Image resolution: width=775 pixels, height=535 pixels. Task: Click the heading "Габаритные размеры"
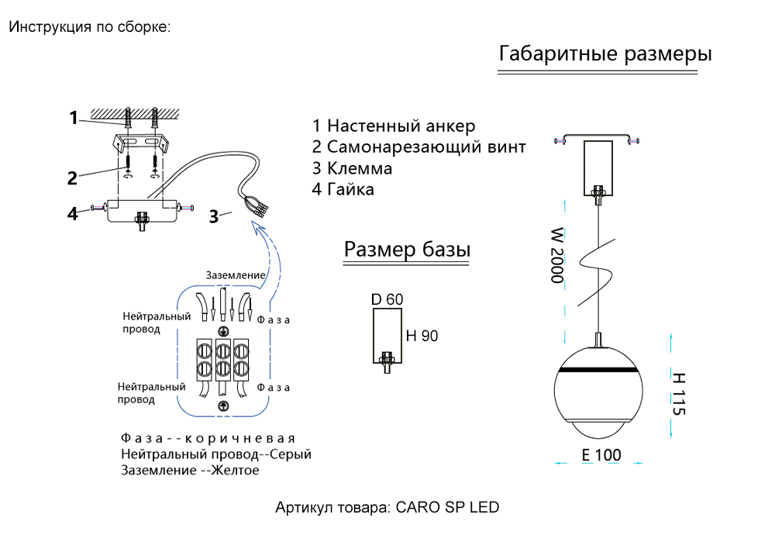(x=605, y=54)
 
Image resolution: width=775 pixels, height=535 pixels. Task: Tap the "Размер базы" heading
(x=408, y=250)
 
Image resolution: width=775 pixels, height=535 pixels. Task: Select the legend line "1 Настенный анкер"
(x=394, y=126)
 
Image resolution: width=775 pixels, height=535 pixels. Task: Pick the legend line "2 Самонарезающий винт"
(x=419, y=147)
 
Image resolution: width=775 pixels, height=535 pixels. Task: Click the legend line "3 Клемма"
(x=353, y=168)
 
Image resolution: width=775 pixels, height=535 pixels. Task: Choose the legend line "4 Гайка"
(x=343, y=189)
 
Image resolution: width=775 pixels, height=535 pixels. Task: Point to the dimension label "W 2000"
(x=556, y=255)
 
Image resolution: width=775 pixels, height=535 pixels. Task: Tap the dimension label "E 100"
(x=601, y=455)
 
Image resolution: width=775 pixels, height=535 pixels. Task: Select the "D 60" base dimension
(x=387, y=299)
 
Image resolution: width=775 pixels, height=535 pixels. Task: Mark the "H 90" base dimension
(x=422, y=336)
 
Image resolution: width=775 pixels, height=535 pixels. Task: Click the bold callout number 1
(x=74, y=118)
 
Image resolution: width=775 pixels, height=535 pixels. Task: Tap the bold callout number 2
(x=72, y=178)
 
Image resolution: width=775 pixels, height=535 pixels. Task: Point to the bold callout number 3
(x=213, y=216)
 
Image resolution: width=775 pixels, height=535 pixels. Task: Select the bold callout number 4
(x=72, y=213)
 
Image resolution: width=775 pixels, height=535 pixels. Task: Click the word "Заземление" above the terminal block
(x=236, y=275)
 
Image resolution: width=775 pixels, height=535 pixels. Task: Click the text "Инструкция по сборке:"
(x=89, y=27)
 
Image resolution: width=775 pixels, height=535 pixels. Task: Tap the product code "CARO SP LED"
(x=448, y=509)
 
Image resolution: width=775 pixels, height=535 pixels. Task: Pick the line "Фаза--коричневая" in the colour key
(x=208, y=439)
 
